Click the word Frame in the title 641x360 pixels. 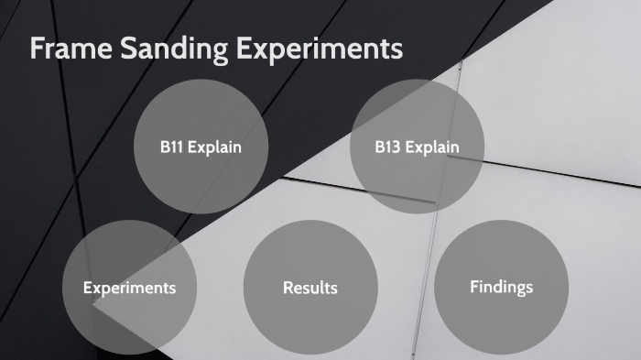(x=71, y=49)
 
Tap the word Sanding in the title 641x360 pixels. (x=174, y=49)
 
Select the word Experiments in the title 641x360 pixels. (x=319, y=49)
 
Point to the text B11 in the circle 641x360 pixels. (x=172, y=147)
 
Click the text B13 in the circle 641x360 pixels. (x=388, y=147)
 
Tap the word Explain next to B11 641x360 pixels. (x=215, y=147)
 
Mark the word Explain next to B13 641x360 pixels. (x=431, y=147)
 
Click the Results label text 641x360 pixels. (x=310, y=288)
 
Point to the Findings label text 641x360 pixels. (x=501, y=287)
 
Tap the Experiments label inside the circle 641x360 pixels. (x=129, y=288)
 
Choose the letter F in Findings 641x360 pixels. (x=474, y=287)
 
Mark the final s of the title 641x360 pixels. (x=397, y=50)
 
